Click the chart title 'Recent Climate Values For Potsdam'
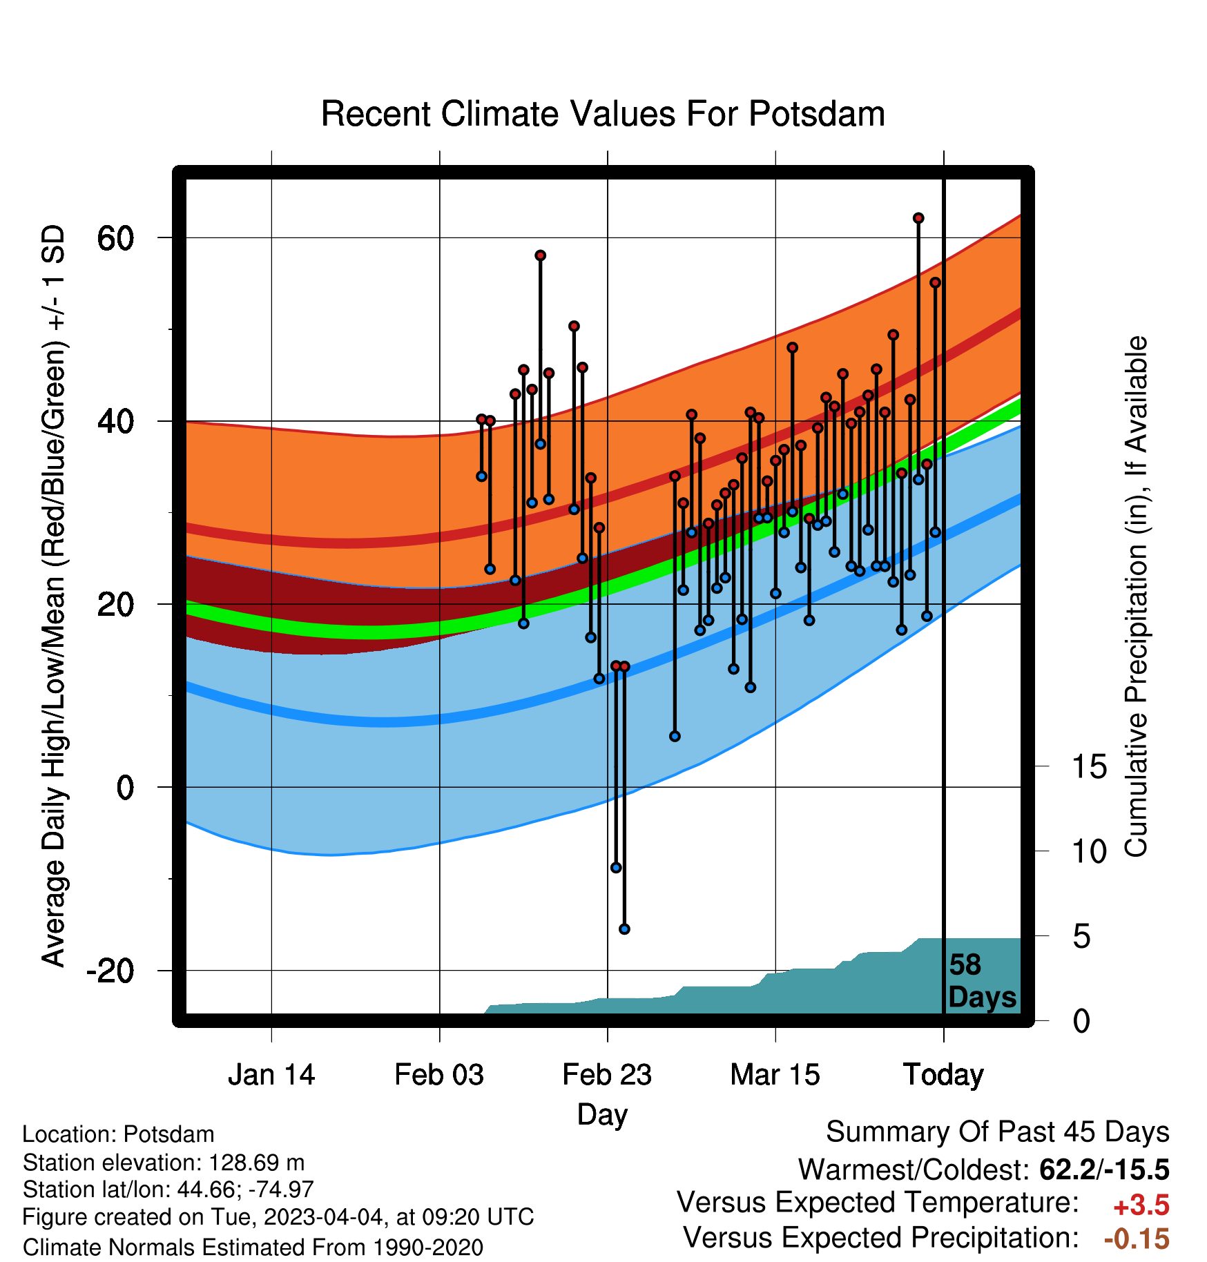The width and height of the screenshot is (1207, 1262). click(603, 114)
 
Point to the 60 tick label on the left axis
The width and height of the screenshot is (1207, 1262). click(115, 238)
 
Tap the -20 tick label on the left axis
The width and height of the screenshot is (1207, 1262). click(110, 971)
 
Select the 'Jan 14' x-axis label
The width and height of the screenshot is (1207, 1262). click(271, 1075)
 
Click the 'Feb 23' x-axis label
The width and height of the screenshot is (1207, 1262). click(607, 1075)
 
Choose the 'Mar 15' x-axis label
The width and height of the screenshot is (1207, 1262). click(775, 1075)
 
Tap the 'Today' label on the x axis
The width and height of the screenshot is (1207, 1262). click(943, 1075)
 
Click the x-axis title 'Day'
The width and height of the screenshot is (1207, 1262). click(602, 1114)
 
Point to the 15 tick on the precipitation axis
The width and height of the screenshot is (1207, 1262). click(1089, 767)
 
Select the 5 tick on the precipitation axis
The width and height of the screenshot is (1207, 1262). click(1081, 937)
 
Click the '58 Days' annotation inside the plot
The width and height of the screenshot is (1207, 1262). click(982, 981)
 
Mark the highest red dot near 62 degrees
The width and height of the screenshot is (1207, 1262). click(918, 218)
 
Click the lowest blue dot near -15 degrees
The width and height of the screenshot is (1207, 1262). click(624, 929)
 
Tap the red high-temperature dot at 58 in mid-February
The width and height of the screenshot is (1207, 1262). click(541, 255)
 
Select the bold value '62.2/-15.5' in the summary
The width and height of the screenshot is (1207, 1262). click(1104, 1169)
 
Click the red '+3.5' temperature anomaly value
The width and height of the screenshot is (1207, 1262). click(1141, 1205)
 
